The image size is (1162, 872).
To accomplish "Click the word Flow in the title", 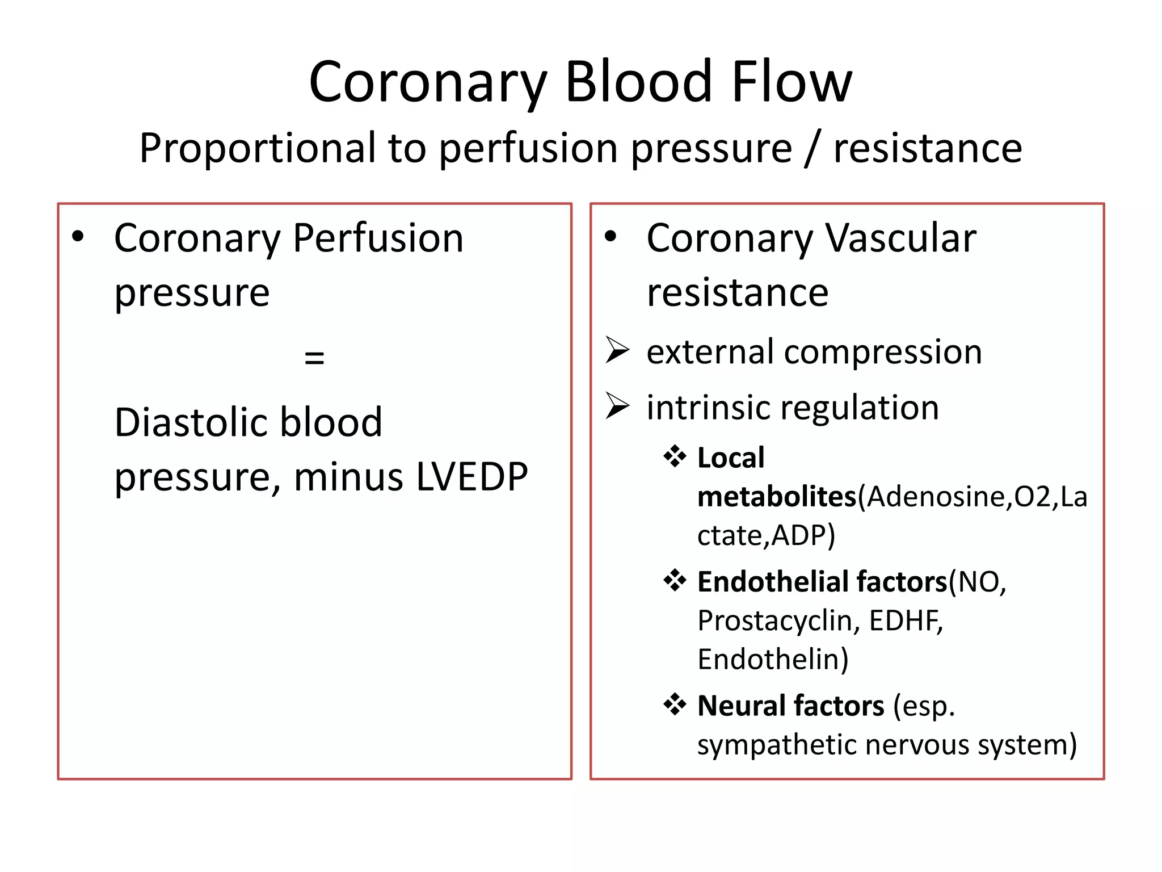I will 791,82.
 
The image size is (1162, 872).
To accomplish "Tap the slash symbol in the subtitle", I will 812,149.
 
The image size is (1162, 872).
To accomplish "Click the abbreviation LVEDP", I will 472,477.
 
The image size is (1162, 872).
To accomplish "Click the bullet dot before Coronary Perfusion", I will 78,236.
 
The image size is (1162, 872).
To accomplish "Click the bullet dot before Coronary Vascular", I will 611,236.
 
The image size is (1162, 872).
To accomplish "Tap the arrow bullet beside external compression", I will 617,350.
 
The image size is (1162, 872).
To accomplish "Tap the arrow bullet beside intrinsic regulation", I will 617,405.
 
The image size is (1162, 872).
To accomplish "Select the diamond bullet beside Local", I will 675,456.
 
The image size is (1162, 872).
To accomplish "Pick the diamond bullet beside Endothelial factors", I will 675,581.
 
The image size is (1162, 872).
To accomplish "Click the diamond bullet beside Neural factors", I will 675,705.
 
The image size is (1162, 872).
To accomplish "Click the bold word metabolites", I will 776,497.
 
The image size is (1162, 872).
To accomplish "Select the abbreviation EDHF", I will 906,621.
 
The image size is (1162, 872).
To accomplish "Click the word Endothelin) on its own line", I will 773,660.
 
